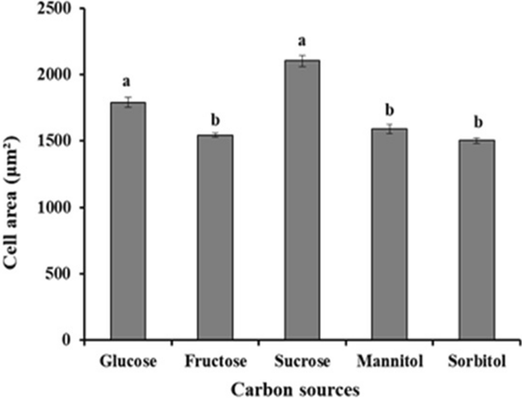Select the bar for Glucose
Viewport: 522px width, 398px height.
(128, 221)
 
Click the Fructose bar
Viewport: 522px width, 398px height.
(215, 238)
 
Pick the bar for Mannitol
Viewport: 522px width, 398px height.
(389, 234)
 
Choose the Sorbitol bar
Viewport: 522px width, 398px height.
(476, 240)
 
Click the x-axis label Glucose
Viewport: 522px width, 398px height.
(128, 361)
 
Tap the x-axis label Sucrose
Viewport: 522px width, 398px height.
(302, 361)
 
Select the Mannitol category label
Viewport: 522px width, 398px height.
(389, 361)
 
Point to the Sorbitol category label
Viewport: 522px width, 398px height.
(476, 361)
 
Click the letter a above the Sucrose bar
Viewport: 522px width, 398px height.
(302, 41)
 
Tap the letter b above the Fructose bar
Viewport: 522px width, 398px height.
(215, 118)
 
